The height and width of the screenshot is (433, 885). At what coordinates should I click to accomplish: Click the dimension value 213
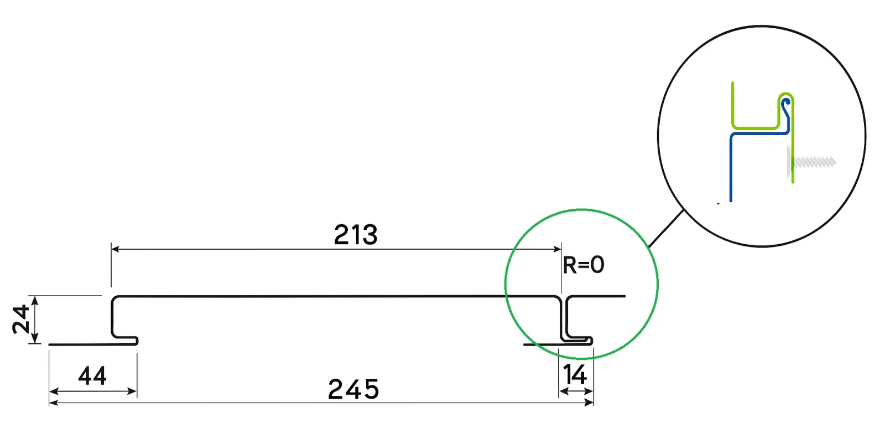coord(356,234)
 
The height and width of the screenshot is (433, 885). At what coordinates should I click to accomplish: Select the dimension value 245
coord(353,389)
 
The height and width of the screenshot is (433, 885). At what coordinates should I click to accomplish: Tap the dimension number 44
coord(92,375)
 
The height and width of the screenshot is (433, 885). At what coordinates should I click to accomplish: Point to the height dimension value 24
coord(20,319)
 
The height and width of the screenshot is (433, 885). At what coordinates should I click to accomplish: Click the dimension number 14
coord(575,374)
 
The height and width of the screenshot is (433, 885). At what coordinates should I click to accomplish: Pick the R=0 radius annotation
coord(584,265)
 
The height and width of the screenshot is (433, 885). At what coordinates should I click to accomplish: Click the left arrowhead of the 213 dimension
coord(116,249)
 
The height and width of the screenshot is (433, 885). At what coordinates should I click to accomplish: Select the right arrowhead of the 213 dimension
coord(556,249)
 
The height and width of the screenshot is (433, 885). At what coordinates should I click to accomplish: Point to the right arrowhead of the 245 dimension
coord(589,403)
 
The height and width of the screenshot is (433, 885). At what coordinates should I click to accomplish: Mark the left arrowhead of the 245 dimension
coord(54,403)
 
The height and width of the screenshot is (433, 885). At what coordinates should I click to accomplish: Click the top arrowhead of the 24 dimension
coord(35,301)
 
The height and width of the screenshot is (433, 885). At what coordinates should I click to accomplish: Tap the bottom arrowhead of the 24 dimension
coord(35,338)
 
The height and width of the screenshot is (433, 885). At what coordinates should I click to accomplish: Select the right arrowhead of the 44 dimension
coord(132,391)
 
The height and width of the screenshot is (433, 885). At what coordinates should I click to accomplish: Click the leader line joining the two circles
coord(666,229)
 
